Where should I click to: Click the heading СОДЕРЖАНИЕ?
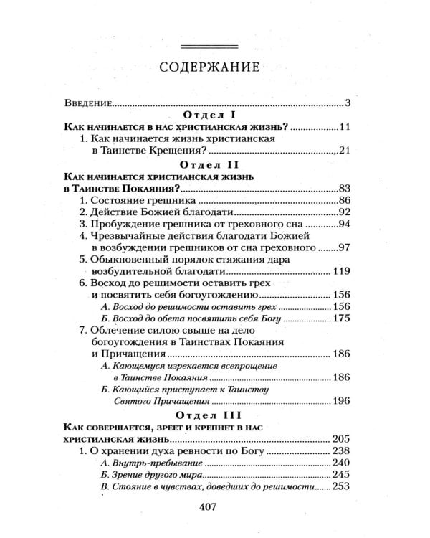pos(215,70)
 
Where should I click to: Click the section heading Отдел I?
pos(214,115)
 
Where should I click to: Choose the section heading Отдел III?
pos(214,413)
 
